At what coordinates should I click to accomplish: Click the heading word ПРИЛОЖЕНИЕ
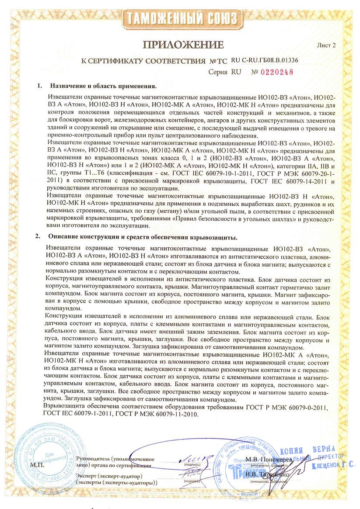click(x=183, y=45)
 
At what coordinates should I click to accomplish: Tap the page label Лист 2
click(x=327, y=45)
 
